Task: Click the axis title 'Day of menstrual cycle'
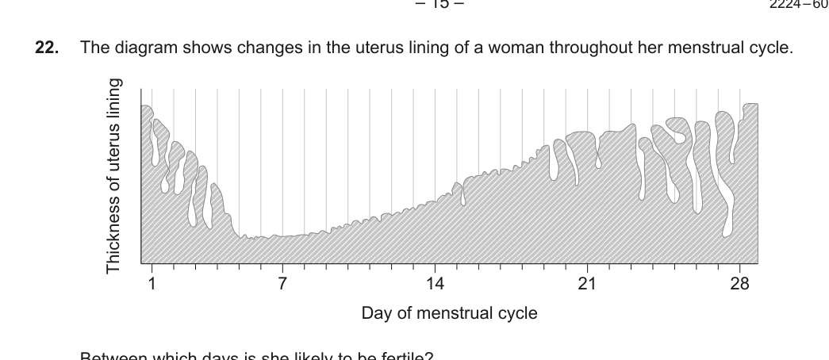pyautogui.click(x=449, y=313)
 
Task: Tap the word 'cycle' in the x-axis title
pyautogui.click(x=517, y=313)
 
